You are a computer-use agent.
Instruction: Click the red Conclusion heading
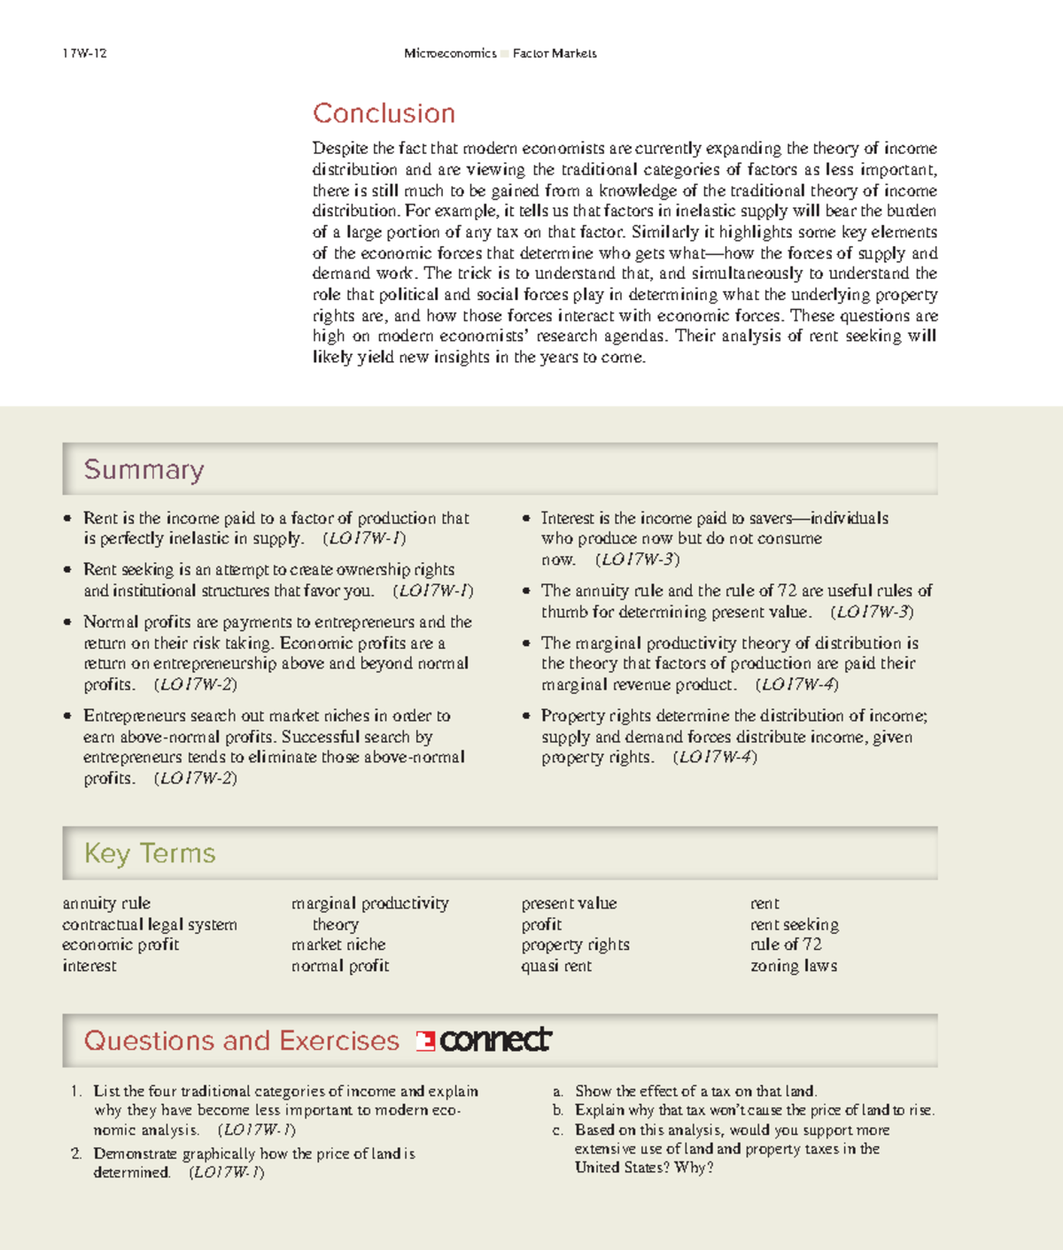pos(384,113)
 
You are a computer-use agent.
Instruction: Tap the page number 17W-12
pos(84,53)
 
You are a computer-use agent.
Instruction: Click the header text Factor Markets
pos(555,53)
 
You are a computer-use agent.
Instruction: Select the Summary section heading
pos(144,469)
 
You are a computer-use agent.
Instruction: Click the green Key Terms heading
pos(150,853)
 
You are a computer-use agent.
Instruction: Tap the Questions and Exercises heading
pos(241,1040)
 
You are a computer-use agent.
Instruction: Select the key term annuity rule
pos(106,903)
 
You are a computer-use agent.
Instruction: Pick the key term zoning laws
pos(793,966)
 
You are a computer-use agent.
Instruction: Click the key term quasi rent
pos(555,966)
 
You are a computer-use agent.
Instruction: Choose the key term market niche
pos(338,945)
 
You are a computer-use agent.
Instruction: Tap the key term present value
pos(569,903)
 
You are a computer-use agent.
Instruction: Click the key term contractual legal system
pos(149,924)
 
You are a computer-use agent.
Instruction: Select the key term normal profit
pos(340,966)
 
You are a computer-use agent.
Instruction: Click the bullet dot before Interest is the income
pos(526,519)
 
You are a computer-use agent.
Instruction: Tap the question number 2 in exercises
pos(76,1154)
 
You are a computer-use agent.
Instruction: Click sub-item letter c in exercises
pos(557,1130)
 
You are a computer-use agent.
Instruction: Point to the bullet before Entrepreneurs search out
pos(67,716)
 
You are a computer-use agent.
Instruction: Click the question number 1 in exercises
pos(76,1092)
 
